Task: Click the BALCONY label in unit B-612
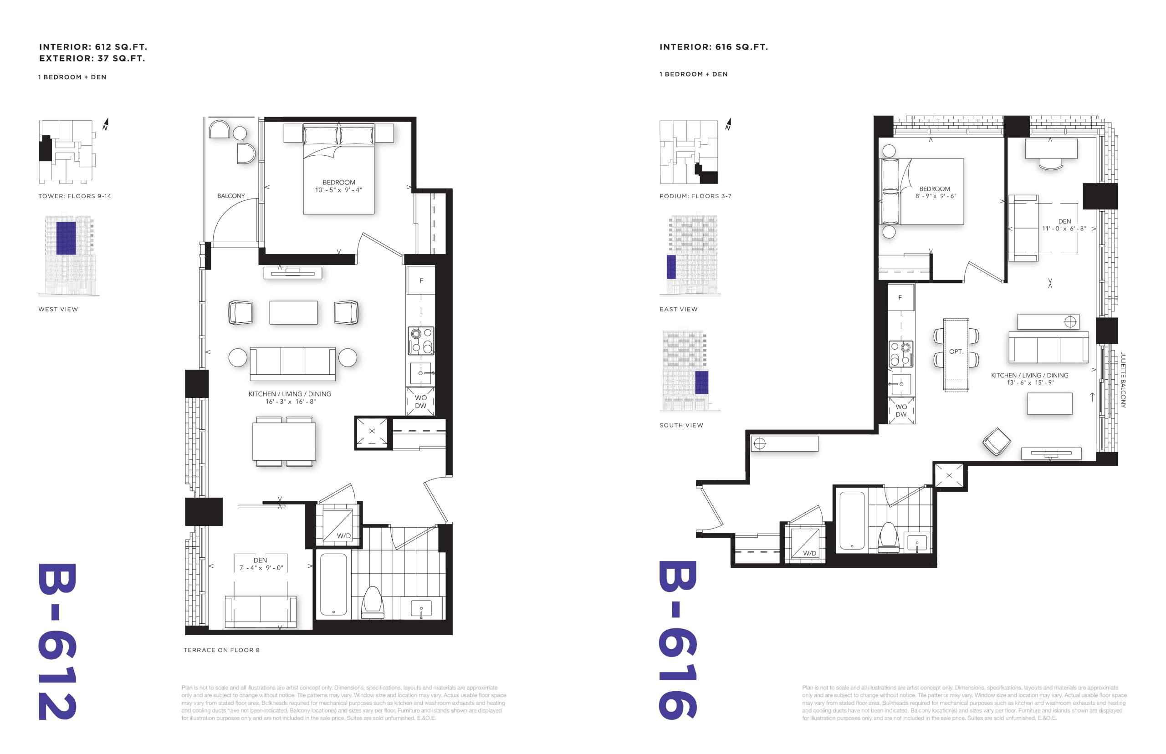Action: [230, 196]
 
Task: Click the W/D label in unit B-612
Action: [343, 535]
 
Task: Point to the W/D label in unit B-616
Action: [809, 553]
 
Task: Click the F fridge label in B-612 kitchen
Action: [421, 281]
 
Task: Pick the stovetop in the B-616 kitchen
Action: [900, 354]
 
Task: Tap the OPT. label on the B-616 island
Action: [956, 352]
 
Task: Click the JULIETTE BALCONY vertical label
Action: [1123, 380]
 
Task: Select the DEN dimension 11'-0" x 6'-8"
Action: [1064, 229]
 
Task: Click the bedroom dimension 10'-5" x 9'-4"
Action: [338, 190]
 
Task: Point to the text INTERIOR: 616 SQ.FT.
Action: [714, 47]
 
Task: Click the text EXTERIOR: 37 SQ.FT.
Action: [92, 58]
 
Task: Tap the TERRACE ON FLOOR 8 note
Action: [221, 650]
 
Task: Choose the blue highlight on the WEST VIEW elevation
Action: [66, 239]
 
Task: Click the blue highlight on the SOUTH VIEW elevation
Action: [701, 382]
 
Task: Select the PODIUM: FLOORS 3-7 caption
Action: [696, 196]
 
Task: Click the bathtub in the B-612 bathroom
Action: [333, 585]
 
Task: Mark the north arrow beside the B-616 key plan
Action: [728, 124]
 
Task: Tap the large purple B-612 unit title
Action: [57, 642]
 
